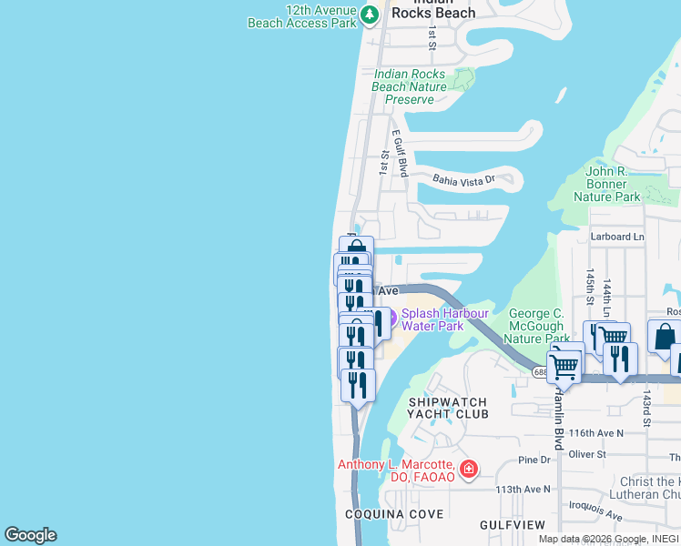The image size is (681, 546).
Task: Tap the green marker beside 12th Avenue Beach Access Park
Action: [369, 15]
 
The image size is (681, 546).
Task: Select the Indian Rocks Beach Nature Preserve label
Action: [409, 86]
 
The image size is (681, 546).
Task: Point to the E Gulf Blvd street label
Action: [401, 152]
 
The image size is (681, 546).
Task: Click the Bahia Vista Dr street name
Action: [462, 180]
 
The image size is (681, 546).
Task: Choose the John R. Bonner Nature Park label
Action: [613, 184]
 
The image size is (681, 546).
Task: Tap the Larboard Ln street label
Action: [617, 237]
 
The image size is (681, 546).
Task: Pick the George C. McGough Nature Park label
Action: [536, 326]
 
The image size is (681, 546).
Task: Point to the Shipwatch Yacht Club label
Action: [448, 408]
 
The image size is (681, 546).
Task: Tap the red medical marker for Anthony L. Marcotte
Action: [468, 470]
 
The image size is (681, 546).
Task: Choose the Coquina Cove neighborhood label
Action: [393, 514]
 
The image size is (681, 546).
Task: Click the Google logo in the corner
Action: [30, 535]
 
